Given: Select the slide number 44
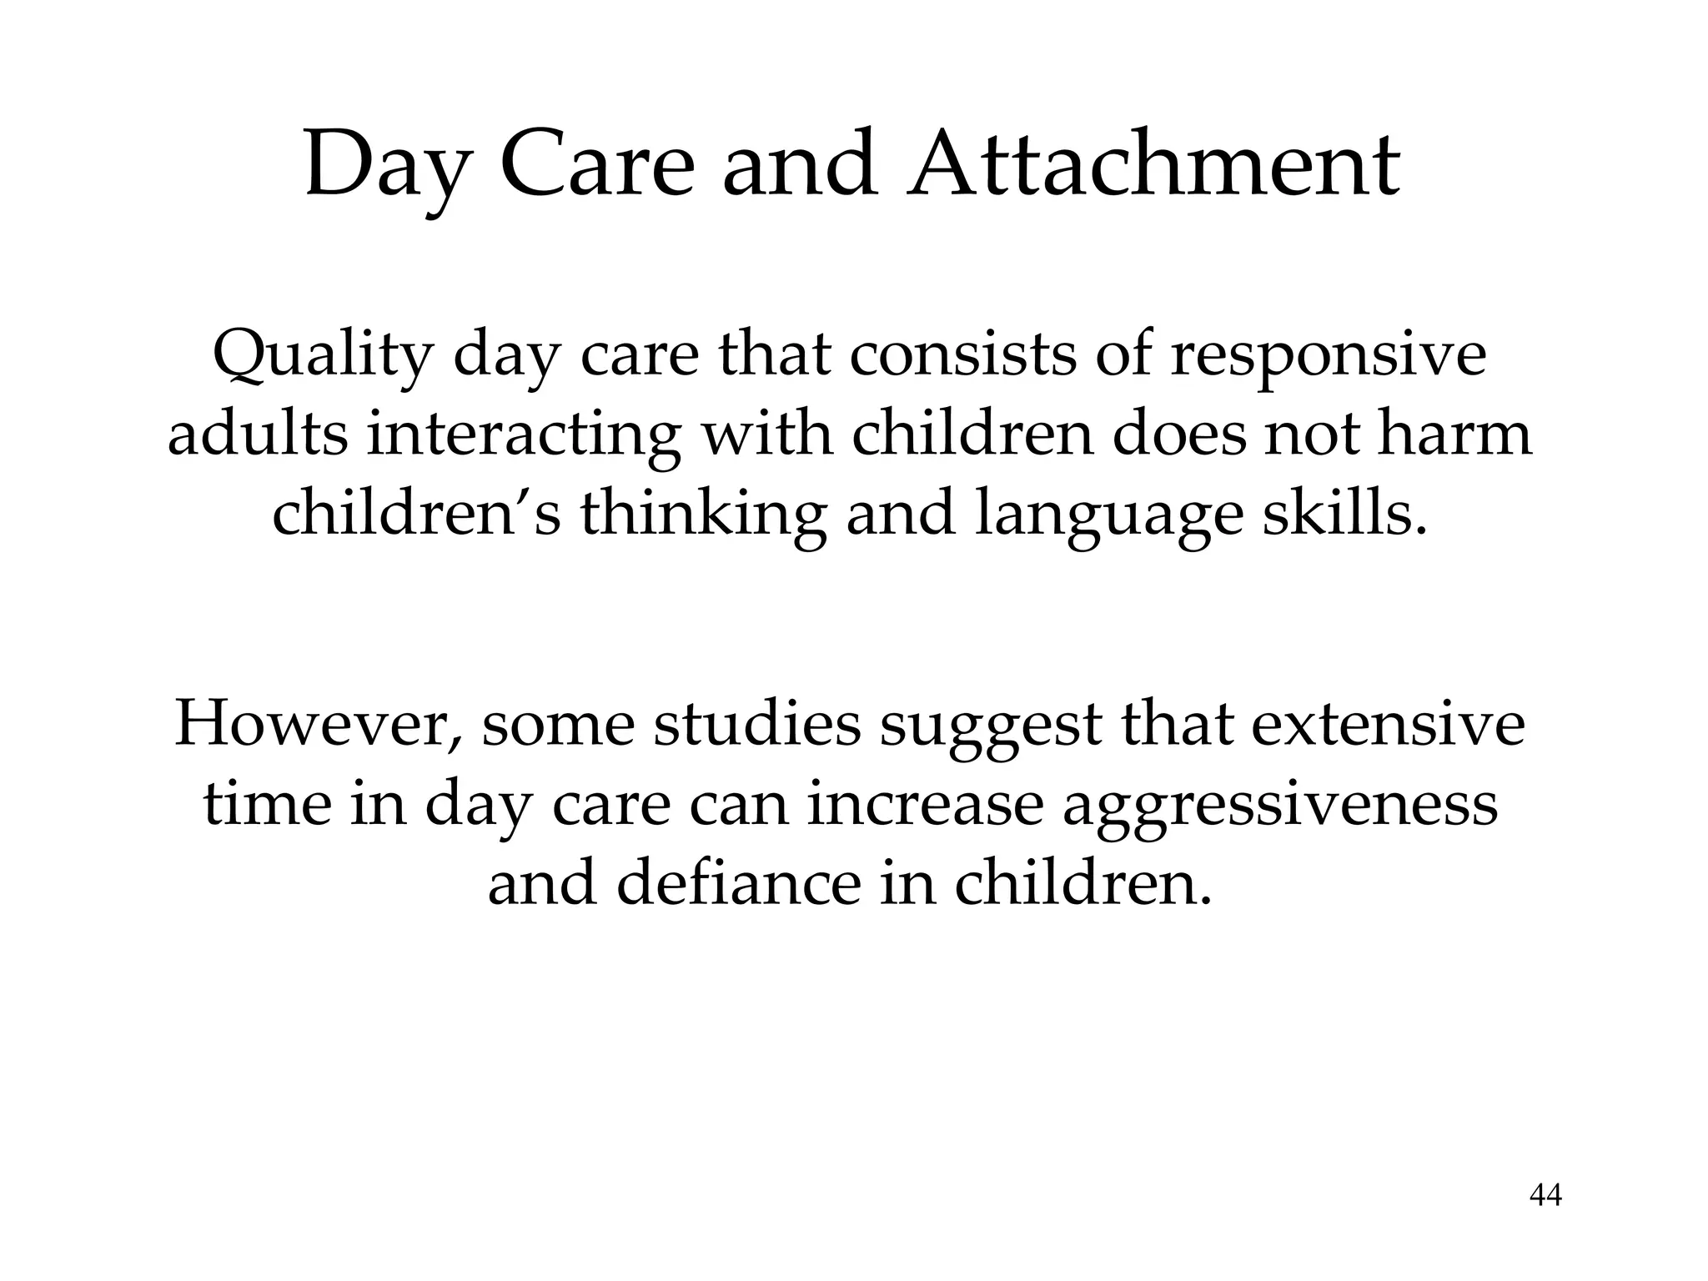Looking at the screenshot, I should point(1545,1196).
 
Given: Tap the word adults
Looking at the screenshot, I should point(258,435).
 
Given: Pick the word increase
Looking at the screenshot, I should point(925,805).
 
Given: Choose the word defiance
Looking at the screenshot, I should point(738,884).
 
